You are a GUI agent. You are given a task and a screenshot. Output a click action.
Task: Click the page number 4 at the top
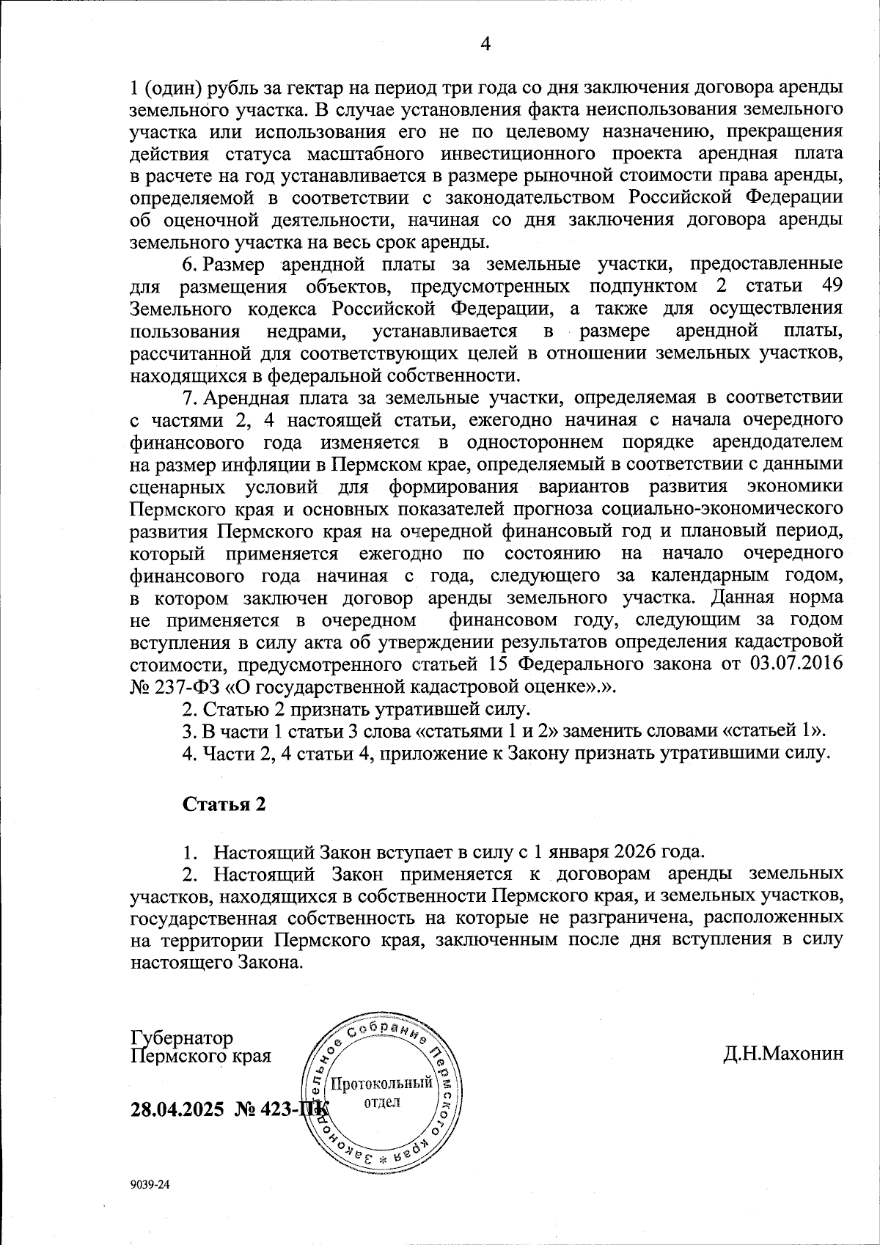[x=484, y=43]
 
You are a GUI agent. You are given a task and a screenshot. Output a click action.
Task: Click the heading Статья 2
[x=224, y=804]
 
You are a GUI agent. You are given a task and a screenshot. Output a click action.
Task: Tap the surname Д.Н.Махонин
[x=782, y=1054]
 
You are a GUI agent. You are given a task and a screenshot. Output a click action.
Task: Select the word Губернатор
[x=182, y=1038]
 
